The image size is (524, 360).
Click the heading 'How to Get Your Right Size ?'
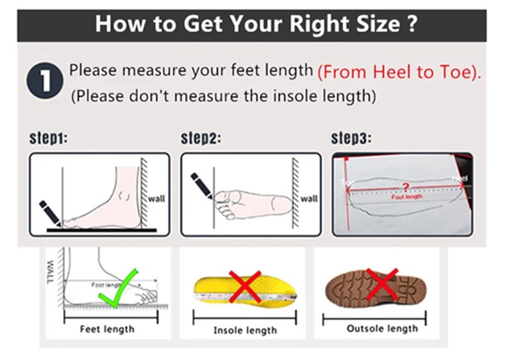click(x=256, y=24)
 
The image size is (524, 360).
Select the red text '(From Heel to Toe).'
click(x=399, y=72)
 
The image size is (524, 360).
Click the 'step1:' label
click(x=48, y=139)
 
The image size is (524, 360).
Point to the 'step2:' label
click(x=201, y=139)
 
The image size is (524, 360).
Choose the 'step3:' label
click(x=351, y=139)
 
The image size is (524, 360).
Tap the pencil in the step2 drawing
click(x=202, y=185)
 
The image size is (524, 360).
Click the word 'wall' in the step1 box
click(x=156, y=198)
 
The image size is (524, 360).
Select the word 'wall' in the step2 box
click(x=309, y=198)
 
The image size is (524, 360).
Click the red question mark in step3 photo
click(x=406, y=188)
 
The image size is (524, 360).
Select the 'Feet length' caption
click(x=107, y=329)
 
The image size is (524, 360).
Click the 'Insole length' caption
click(x=245, y=330)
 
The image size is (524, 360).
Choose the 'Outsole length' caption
click(x=382, y=328)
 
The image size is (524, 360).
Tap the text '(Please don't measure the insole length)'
click(x=224, y=96)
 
